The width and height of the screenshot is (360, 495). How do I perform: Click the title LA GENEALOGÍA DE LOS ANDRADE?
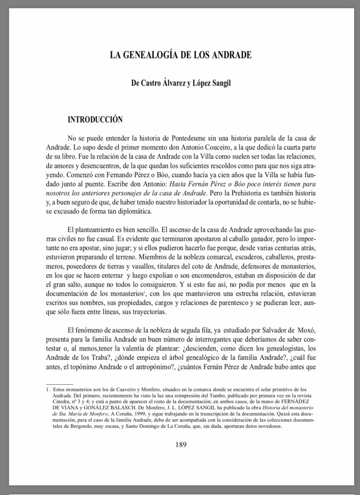pos(180,55)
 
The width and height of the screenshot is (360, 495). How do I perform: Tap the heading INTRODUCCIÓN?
pos(95,119)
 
